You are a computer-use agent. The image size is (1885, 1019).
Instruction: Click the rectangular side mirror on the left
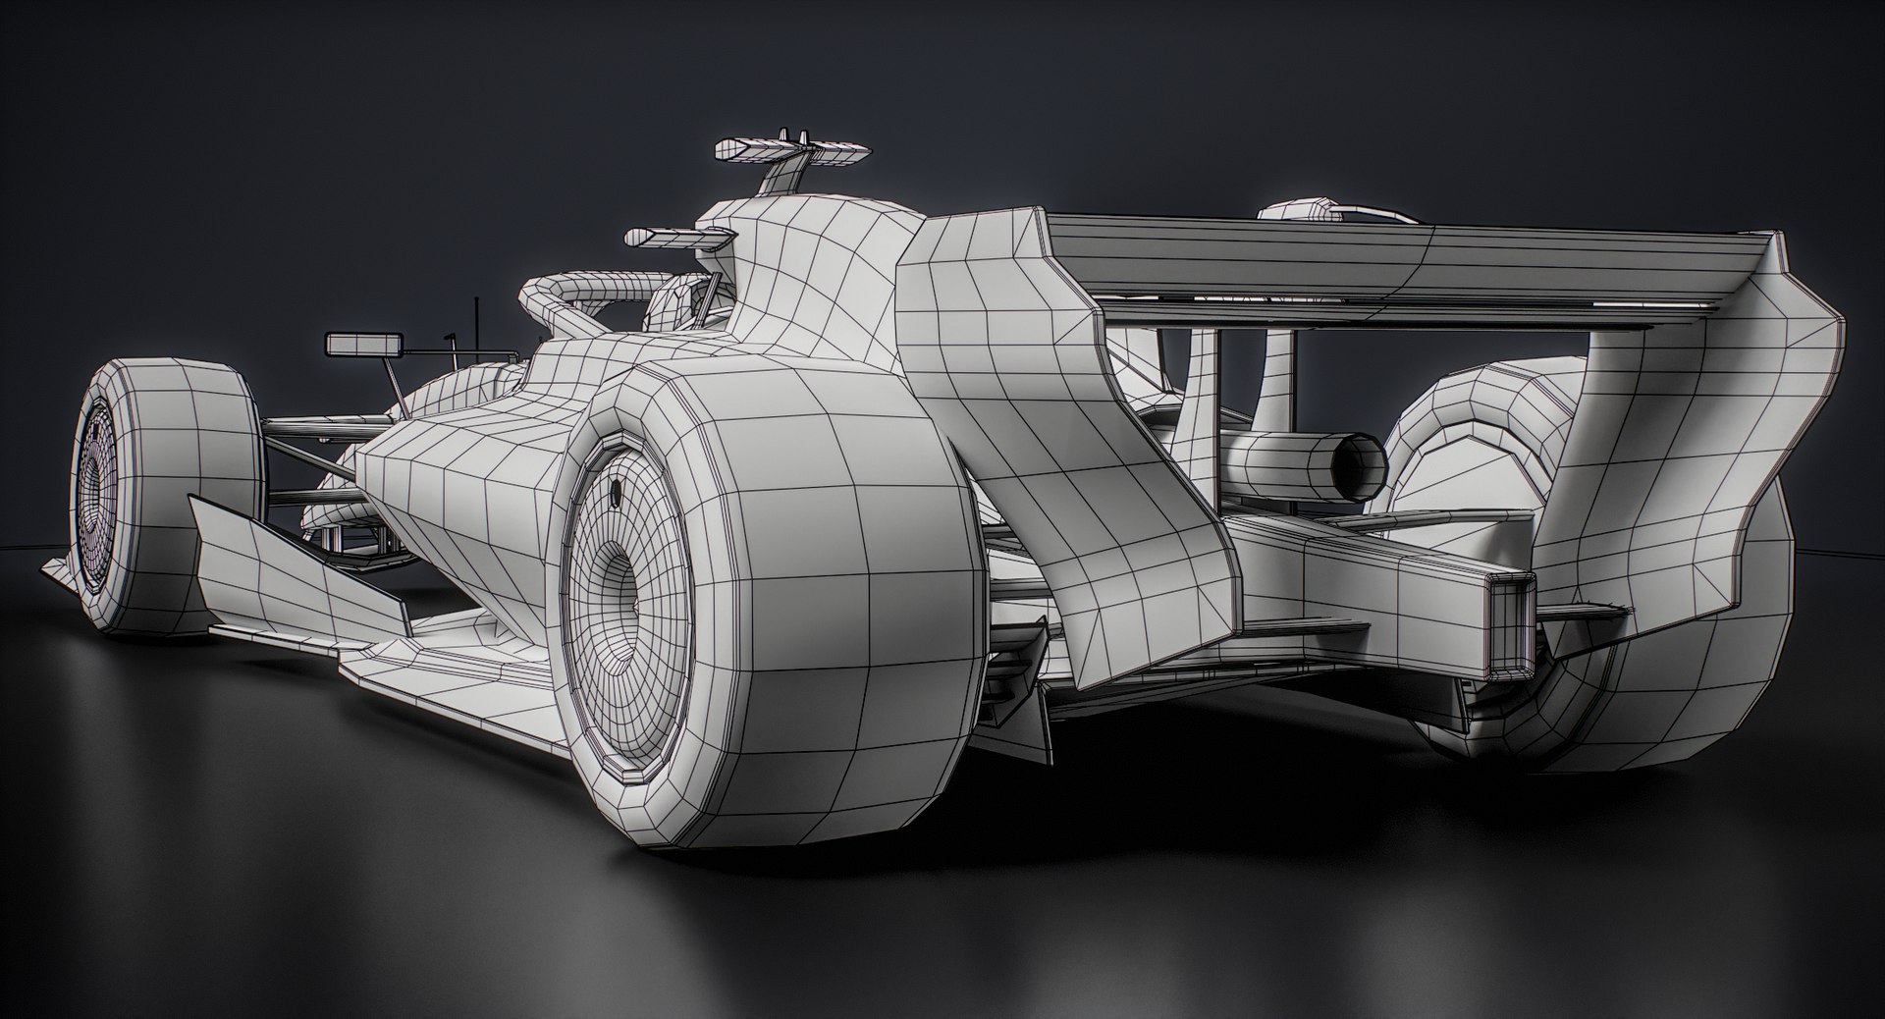click(363, 344)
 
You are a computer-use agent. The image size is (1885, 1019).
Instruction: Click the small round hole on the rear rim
click(616, 489)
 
